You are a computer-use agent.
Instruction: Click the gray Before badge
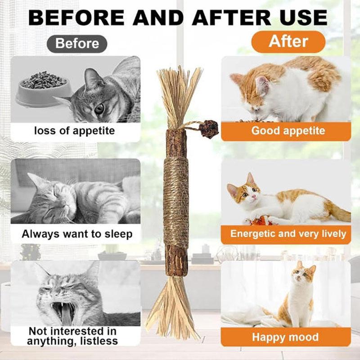tap(77, 43)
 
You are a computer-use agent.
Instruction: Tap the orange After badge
tap(288, 41)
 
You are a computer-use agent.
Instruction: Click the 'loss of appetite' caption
tap(75, 131)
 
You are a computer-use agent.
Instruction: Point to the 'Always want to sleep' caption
tap(76, 234)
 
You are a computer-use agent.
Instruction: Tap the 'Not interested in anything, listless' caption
tap(72, 336)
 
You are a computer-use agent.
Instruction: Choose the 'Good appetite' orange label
tap(288, 131)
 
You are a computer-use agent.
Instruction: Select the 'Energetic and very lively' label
tap(288, 234)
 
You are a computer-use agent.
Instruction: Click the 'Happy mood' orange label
tap(285, 337)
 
